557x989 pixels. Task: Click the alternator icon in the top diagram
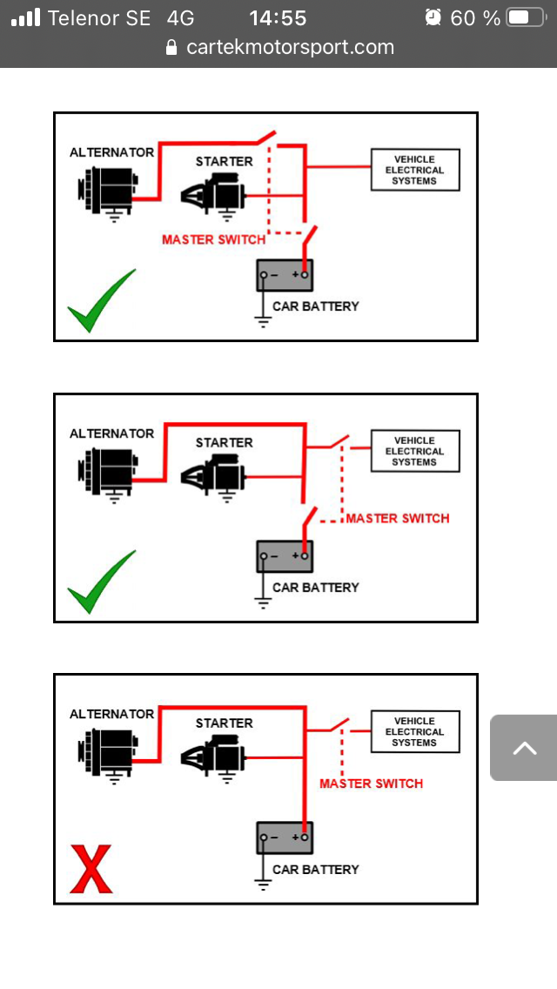coord(105,185)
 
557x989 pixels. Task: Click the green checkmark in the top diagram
coord(101,301)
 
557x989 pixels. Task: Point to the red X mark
coord(91,869)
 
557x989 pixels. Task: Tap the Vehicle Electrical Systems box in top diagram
coord(414,170)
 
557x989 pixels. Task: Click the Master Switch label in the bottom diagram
coord(371,784)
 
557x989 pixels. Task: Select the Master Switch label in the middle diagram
coord(398,518)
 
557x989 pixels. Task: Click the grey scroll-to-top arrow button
coord(524,748)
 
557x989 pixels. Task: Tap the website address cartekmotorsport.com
coord(290,47)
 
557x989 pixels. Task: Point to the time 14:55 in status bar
coord(278,17)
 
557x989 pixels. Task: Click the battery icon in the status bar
coord(526,17)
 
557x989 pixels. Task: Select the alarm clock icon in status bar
coord(433,17)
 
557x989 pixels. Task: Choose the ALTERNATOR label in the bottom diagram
coord(111,714)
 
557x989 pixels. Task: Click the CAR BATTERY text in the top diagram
coord(315,306)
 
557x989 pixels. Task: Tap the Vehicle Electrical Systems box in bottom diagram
coord(414,731)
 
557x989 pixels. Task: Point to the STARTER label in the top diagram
coord(224,161)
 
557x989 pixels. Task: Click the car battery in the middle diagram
coord(284,555)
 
